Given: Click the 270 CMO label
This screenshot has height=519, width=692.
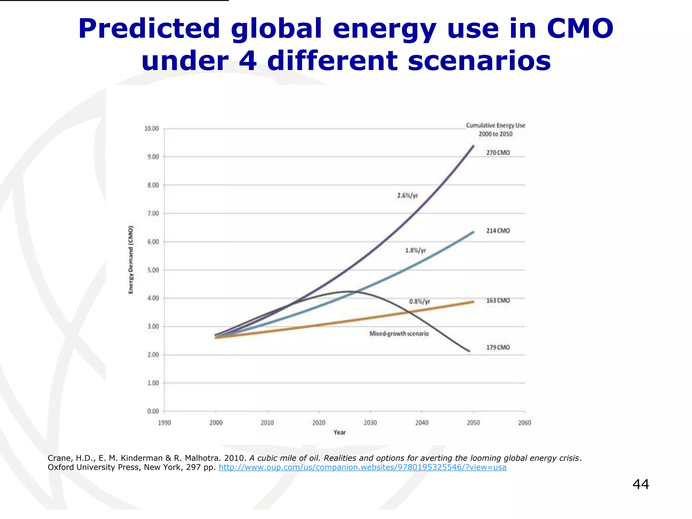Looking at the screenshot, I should coord(498,153).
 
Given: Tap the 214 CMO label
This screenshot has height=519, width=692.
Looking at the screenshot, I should coord(498,231).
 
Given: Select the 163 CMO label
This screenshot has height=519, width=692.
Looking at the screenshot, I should coord(498,301).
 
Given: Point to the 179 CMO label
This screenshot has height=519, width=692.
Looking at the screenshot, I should coord(498,347).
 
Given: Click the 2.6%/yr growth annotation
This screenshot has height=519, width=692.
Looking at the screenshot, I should coord(407,196).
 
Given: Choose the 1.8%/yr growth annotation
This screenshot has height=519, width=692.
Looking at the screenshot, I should coord(416,250).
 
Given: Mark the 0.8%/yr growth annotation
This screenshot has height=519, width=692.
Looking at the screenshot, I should coord(420,301).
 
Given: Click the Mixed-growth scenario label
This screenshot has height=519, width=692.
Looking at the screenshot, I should coord(399,334).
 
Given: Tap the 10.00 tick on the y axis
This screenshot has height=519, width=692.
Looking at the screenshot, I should coord(151,129).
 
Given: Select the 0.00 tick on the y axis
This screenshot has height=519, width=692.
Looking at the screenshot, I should coord(153,412).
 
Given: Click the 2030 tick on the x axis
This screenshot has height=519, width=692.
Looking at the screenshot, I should coord(370,423).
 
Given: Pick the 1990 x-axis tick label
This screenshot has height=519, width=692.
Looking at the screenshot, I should coord(165,423).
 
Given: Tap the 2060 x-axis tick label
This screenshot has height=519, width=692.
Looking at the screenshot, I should coord(524,423).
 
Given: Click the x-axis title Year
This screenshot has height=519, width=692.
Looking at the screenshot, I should coord(340,432).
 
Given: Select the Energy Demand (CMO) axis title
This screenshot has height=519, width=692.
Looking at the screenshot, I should coord(131,259).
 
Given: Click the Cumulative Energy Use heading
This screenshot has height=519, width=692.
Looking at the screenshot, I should coord(495,126).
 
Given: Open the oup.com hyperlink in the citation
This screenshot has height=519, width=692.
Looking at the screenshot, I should coord(362,467).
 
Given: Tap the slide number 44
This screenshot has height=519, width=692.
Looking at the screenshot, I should coord(641,484).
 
